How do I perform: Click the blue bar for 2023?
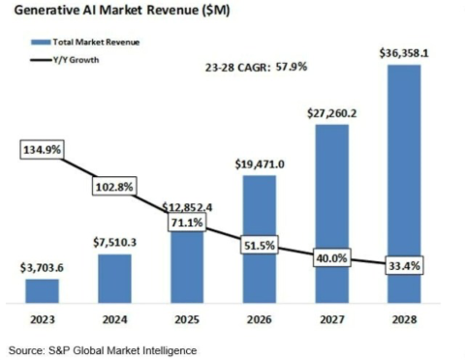click(x=43, y=291)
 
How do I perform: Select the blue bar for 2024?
click(x=114, y=279)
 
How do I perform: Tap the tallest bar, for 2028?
click(x=404, y=184)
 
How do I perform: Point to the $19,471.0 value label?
click(x=260, y=165)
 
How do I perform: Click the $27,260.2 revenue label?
click(x=332, y=113)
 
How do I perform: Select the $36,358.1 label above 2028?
click(x=404, y=53)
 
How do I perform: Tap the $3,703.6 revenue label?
click(x=42, y=268)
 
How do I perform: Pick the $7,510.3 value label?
click(x=114, y=242)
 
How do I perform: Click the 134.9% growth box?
click(x=42, y=150)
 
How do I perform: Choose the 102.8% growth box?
click(x=114, y=186)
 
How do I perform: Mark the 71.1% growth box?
click(x=187, y=222)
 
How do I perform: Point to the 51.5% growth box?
click(x=260, y=245)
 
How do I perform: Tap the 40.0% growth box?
click(x=331, y=257)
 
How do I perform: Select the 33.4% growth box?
click(x=404, y=266)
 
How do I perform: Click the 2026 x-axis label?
click(x=260, y=319)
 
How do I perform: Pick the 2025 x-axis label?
click(x=187, y=319)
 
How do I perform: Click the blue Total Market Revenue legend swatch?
click(x=41, y=43)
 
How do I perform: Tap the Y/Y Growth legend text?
click(x=77, y=60)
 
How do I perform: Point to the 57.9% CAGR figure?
click(x=292, y=67)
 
